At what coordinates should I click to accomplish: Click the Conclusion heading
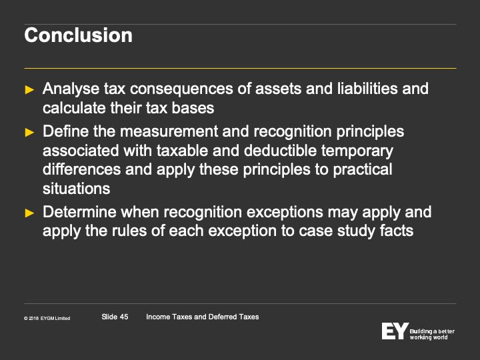tap(79, 35)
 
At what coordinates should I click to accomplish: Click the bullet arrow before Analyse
tap(29, 90)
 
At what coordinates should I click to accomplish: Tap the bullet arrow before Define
tap(29, 132)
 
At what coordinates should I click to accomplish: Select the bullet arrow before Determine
tap(29, 213)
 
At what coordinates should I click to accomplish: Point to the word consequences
tap(181, 89)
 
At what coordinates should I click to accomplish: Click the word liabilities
tap(367, 89)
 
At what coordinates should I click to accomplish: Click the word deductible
tap(280, 151)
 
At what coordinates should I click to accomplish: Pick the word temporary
tap(357, 151)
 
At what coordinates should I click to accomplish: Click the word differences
tap(82, 169)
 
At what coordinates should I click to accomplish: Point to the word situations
tap(77, 189)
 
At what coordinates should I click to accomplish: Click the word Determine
tap(79, 212)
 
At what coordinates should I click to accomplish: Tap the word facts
tap(397, 231)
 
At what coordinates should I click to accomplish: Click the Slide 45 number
tap(115, 317)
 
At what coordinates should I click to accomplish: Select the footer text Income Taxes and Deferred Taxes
tap(203, 317)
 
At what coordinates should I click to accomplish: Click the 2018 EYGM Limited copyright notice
tap(47, 319)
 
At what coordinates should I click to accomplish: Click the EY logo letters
tap(395, 331)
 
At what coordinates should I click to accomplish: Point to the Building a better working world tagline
tap(432, 334)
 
